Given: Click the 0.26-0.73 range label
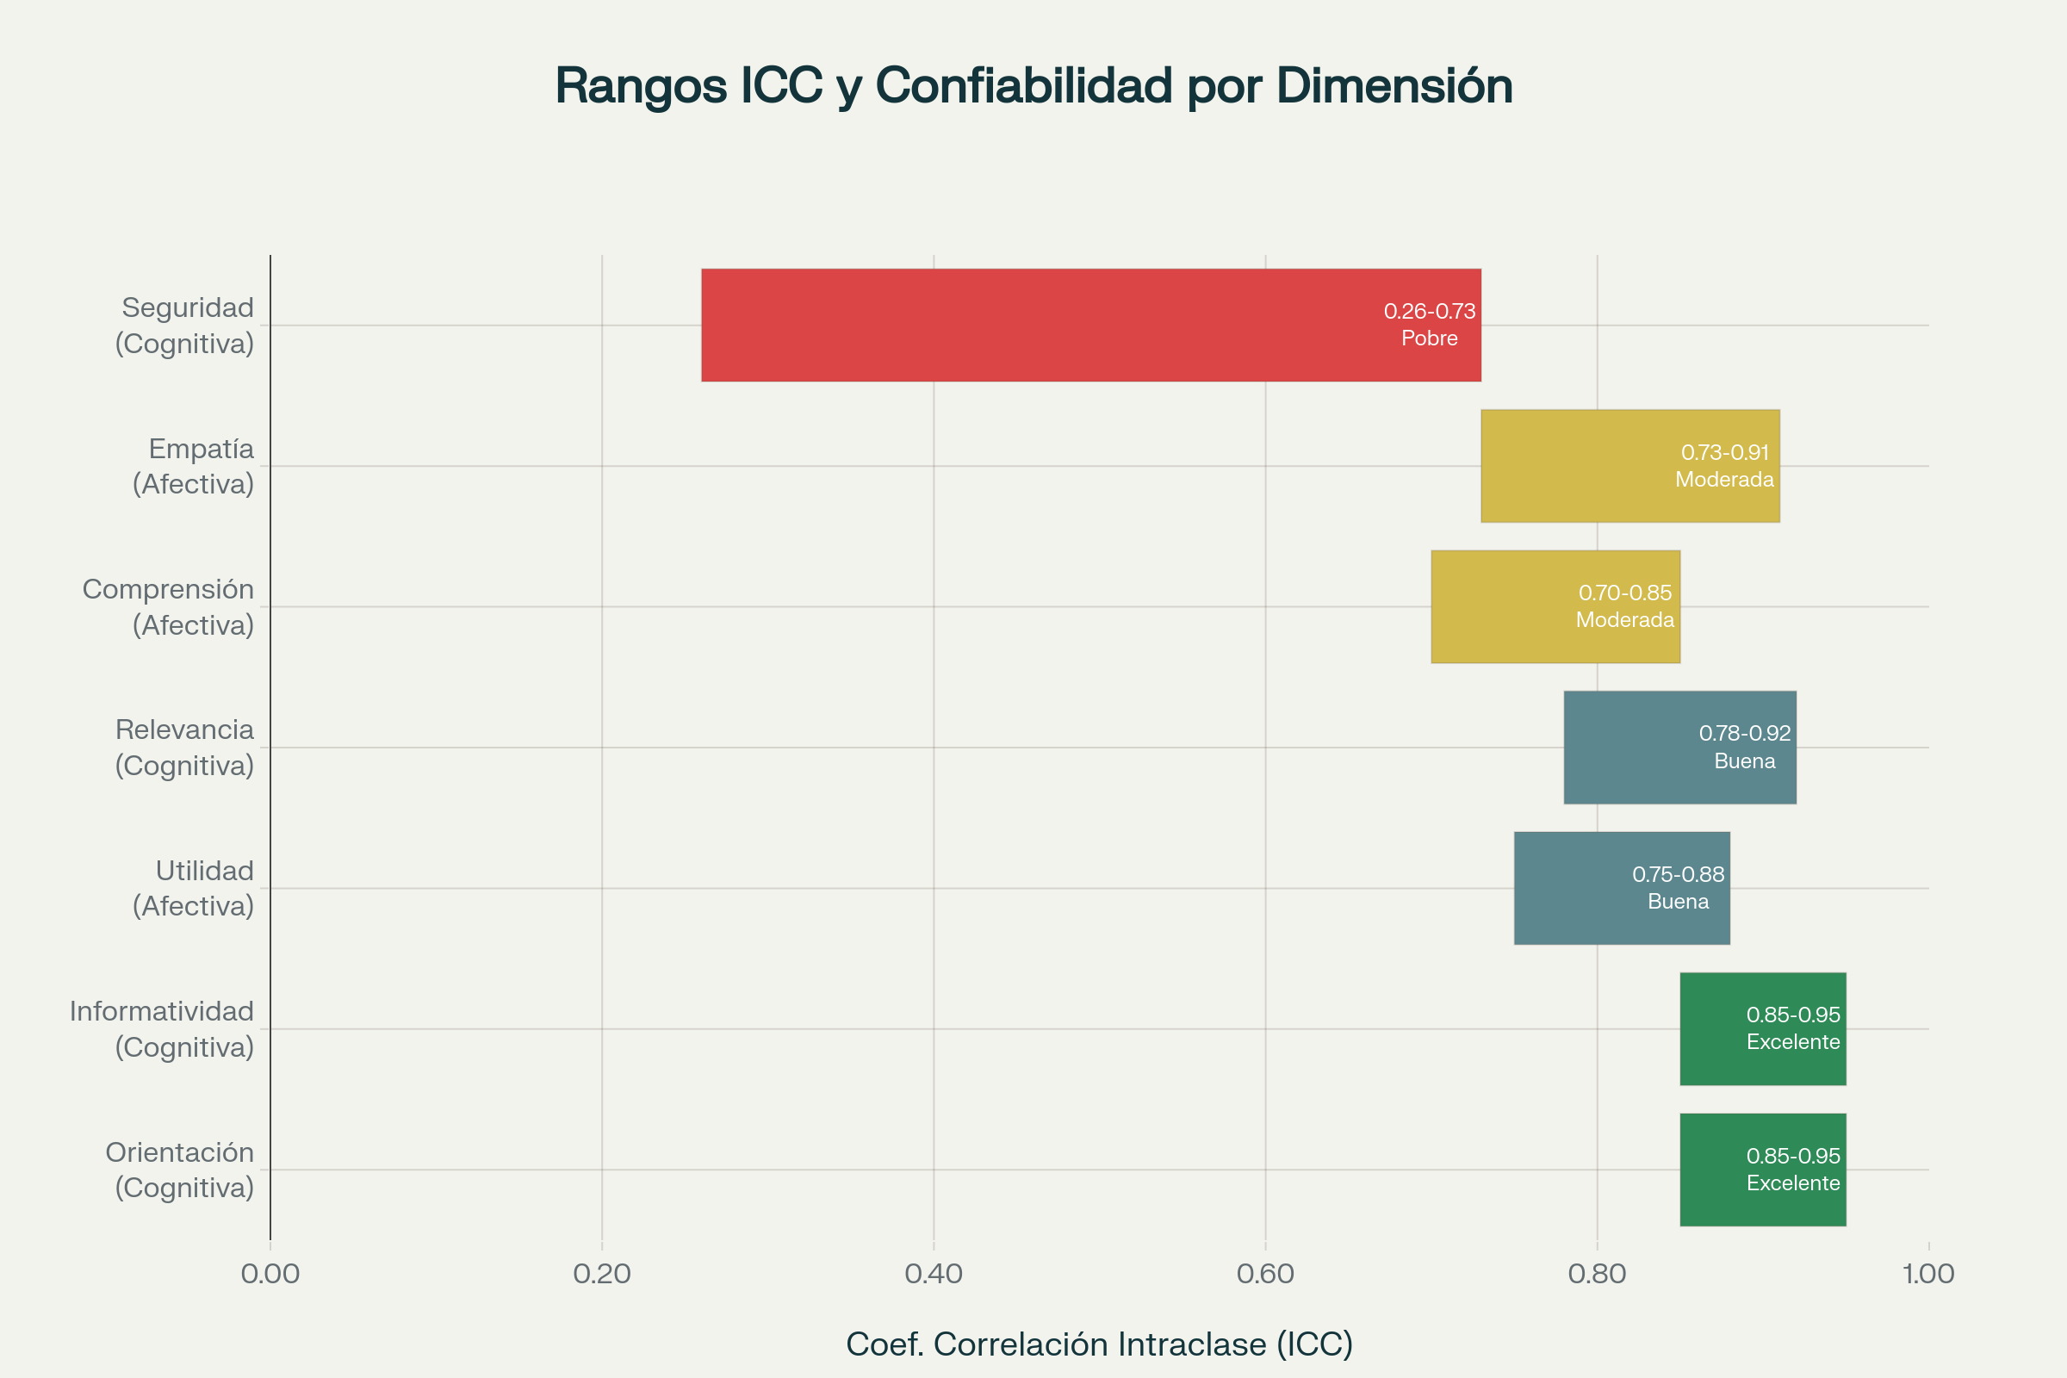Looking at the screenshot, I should point(1429,311).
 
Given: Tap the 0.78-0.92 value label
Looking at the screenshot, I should point(1745,733).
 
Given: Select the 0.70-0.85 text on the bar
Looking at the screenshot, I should point(1625,593).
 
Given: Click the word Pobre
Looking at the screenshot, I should point(1429,338).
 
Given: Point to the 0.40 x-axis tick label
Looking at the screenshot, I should point(934,1274).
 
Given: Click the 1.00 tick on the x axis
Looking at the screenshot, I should point(1928,1274).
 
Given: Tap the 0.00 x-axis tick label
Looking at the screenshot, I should point(270,1274).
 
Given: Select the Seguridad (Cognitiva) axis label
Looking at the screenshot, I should point(186,326).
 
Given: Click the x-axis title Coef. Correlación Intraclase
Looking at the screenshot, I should point(1099,1344).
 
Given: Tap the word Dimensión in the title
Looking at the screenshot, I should point(1394,86).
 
